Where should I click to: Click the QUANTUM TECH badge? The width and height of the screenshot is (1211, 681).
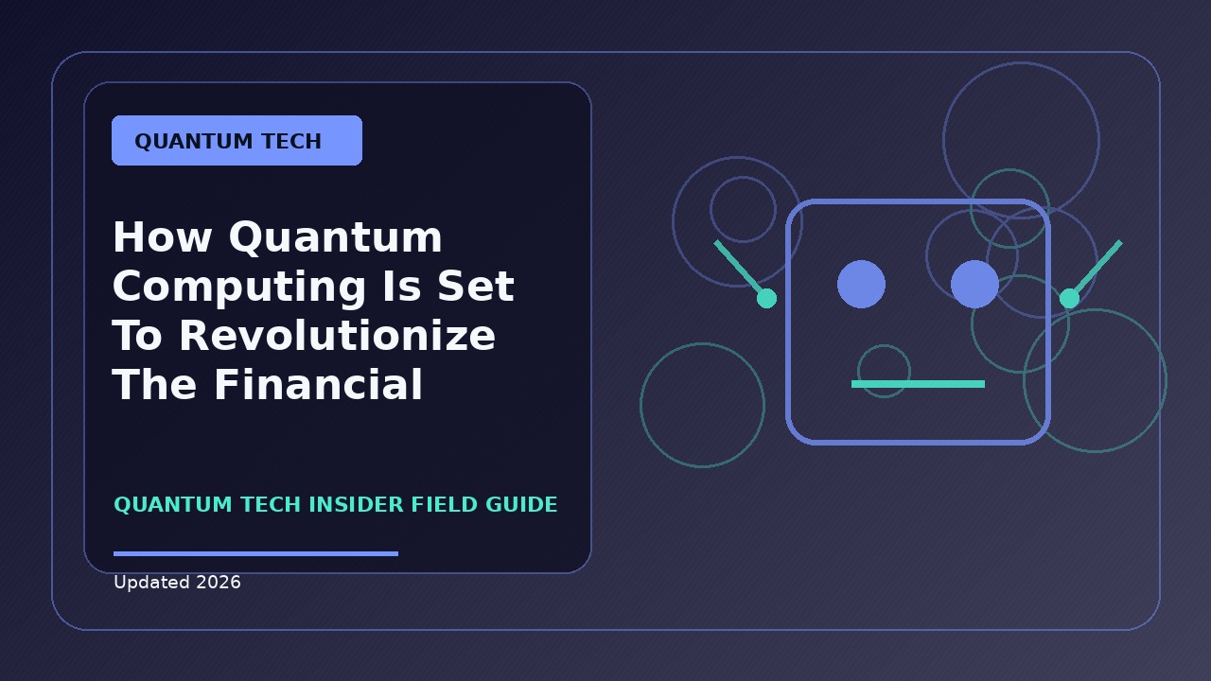237,141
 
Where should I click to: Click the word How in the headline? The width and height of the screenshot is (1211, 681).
162,237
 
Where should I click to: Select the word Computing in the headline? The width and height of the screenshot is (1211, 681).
239,288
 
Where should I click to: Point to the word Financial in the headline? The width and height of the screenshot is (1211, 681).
318,384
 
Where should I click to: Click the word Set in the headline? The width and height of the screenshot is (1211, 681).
476,287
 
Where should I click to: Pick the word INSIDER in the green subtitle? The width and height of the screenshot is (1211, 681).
357,504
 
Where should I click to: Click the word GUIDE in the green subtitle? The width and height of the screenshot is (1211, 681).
521,504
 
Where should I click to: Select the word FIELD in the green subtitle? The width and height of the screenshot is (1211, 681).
445,504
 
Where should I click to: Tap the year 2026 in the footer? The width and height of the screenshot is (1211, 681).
219,582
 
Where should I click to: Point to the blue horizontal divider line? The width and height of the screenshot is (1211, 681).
255,553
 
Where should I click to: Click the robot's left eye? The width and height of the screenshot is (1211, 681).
861,285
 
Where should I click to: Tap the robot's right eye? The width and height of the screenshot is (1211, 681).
974,285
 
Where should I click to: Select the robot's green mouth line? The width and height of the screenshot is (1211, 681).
918,384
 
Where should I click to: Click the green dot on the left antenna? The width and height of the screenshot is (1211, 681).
766,298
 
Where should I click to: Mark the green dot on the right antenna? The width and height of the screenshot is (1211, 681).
1069,298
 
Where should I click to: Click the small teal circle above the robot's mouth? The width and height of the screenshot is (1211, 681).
884,345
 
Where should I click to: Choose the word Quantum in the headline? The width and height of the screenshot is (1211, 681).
335,238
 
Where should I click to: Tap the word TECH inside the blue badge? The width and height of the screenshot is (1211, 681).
292,141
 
